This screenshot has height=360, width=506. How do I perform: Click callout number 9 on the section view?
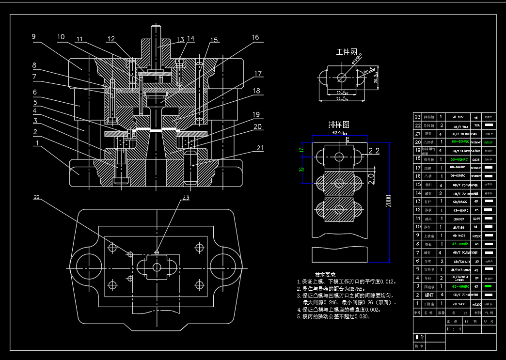34,37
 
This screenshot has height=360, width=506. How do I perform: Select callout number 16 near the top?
255,38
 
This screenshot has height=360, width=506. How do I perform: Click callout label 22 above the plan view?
37,198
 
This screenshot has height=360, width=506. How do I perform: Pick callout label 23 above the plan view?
186,198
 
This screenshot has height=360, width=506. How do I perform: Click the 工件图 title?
347,52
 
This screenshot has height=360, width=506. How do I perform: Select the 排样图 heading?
339,125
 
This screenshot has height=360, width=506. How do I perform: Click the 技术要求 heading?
324,274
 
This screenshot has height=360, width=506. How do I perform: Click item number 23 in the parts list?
417,117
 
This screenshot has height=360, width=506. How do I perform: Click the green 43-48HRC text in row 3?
458,287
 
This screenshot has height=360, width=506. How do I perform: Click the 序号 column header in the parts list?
417,313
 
